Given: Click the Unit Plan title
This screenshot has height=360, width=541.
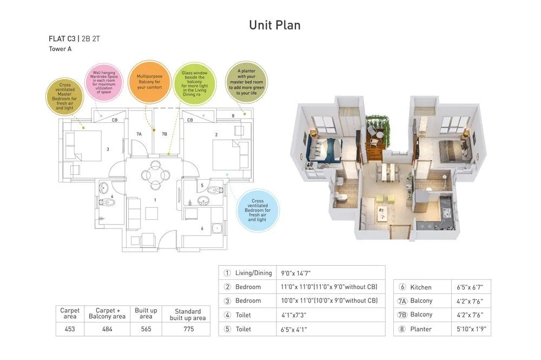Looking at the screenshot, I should (274, 25).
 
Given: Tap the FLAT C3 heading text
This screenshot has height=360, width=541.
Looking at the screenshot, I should (62, 39).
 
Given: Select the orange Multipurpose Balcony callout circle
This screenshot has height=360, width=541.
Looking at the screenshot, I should (149, 82).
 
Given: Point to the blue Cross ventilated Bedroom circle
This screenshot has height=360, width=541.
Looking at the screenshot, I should (258, 210).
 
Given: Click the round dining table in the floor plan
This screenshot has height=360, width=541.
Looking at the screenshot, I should (154, 174).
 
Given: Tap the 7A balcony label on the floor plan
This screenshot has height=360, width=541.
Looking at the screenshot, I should (139, 134).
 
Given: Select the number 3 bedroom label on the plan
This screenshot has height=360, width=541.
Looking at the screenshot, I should (108, 149).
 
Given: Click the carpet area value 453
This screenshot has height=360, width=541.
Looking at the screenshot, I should (70, 329).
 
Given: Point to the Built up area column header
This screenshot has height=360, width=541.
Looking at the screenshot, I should (146, 313).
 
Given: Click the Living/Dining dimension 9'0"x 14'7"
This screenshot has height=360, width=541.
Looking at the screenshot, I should (295, 273).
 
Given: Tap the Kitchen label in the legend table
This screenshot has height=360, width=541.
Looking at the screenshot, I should (421, 287).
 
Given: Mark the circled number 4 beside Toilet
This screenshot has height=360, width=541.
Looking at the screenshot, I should (227, 315).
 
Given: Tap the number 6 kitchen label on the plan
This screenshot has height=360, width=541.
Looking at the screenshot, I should (202, 228).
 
